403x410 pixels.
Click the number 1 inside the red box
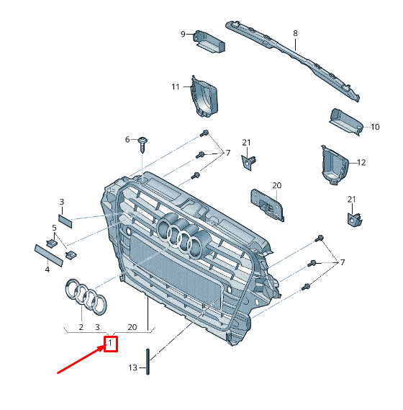click(x=110, y=342)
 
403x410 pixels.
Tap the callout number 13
click(x=132, y=367)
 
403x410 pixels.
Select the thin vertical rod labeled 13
click(x=148, y=362)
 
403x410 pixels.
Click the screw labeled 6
click(x=142, y=145)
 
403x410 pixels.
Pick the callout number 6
click(x=127, y=140)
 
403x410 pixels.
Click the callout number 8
click(x=295, y=33)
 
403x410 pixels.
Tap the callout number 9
click(x=183, y=35)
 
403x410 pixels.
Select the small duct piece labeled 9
click(x=209, y=42)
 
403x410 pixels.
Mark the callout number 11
click(x=176, y=86)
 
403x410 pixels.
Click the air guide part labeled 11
click(x=204, y=97)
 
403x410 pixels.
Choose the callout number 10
click(x=375, y=127)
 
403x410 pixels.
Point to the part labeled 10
click(x=346, y=122)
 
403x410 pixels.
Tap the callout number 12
click(x=361, y=163)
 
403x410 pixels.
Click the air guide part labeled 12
click(x=335, y=165)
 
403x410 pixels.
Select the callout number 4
click(x=47, y=269)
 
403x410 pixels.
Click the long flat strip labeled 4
click(x=49, y=256)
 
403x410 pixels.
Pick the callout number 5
click(x=54, y=228)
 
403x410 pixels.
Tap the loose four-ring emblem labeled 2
click(x=86, y=296)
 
